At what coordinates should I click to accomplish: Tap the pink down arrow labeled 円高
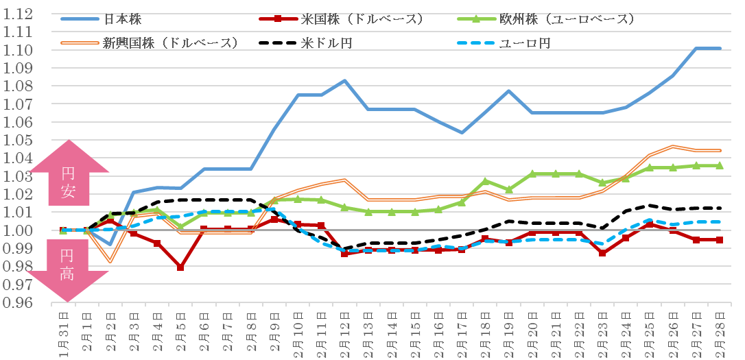69,267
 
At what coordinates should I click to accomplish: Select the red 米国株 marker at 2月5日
180,267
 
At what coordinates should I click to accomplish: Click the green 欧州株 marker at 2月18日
485,181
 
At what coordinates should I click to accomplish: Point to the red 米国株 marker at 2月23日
602,253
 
